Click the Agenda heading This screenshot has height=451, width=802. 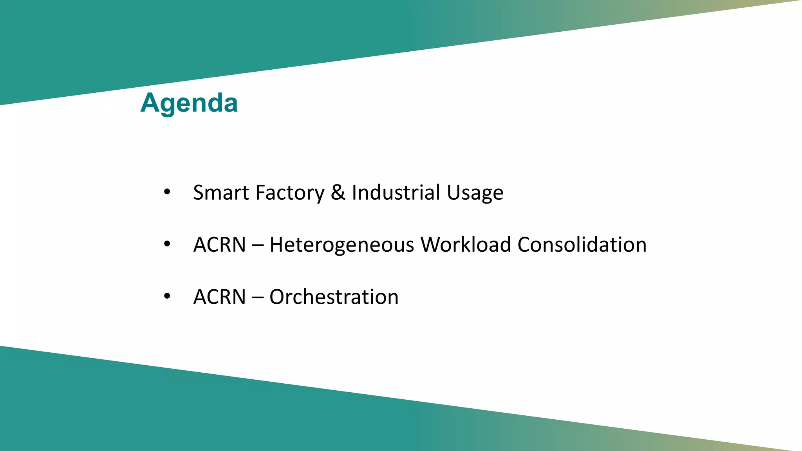(x=189, y=103)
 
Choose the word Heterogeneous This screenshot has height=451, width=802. (x=342, y=245)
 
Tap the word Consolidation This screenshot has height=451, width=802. (x=582, y=245)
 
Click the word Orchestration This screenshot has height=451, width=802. (x=334, y=297)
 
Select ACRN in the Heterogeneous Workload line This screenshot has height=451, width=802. (x=219, y=245)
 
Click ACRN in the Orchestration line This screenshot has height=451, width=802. (x=219, y=297)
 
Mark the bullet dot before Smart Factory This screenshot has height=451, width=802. (x=167, y=192)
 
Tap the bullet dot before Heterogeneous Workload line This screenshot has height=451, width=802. (x=167, y=244)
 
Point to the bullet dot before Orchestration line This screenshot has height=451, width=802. (x=167, y=296)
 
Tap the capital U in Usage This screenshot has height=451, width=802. (x=453, y=193)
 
